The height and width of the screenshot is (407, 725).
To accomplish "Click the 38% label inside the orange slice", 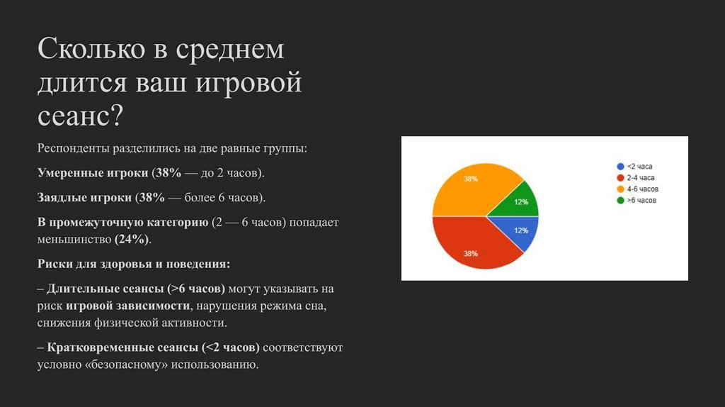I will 471,179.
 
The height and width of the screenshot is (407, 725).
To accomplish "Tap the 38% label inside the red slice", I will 471,253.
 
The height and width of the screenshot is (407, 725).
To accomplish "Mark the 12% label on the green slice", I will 521,202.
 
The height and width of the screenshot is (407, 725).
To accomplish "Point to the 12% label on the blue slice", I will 521,230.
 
